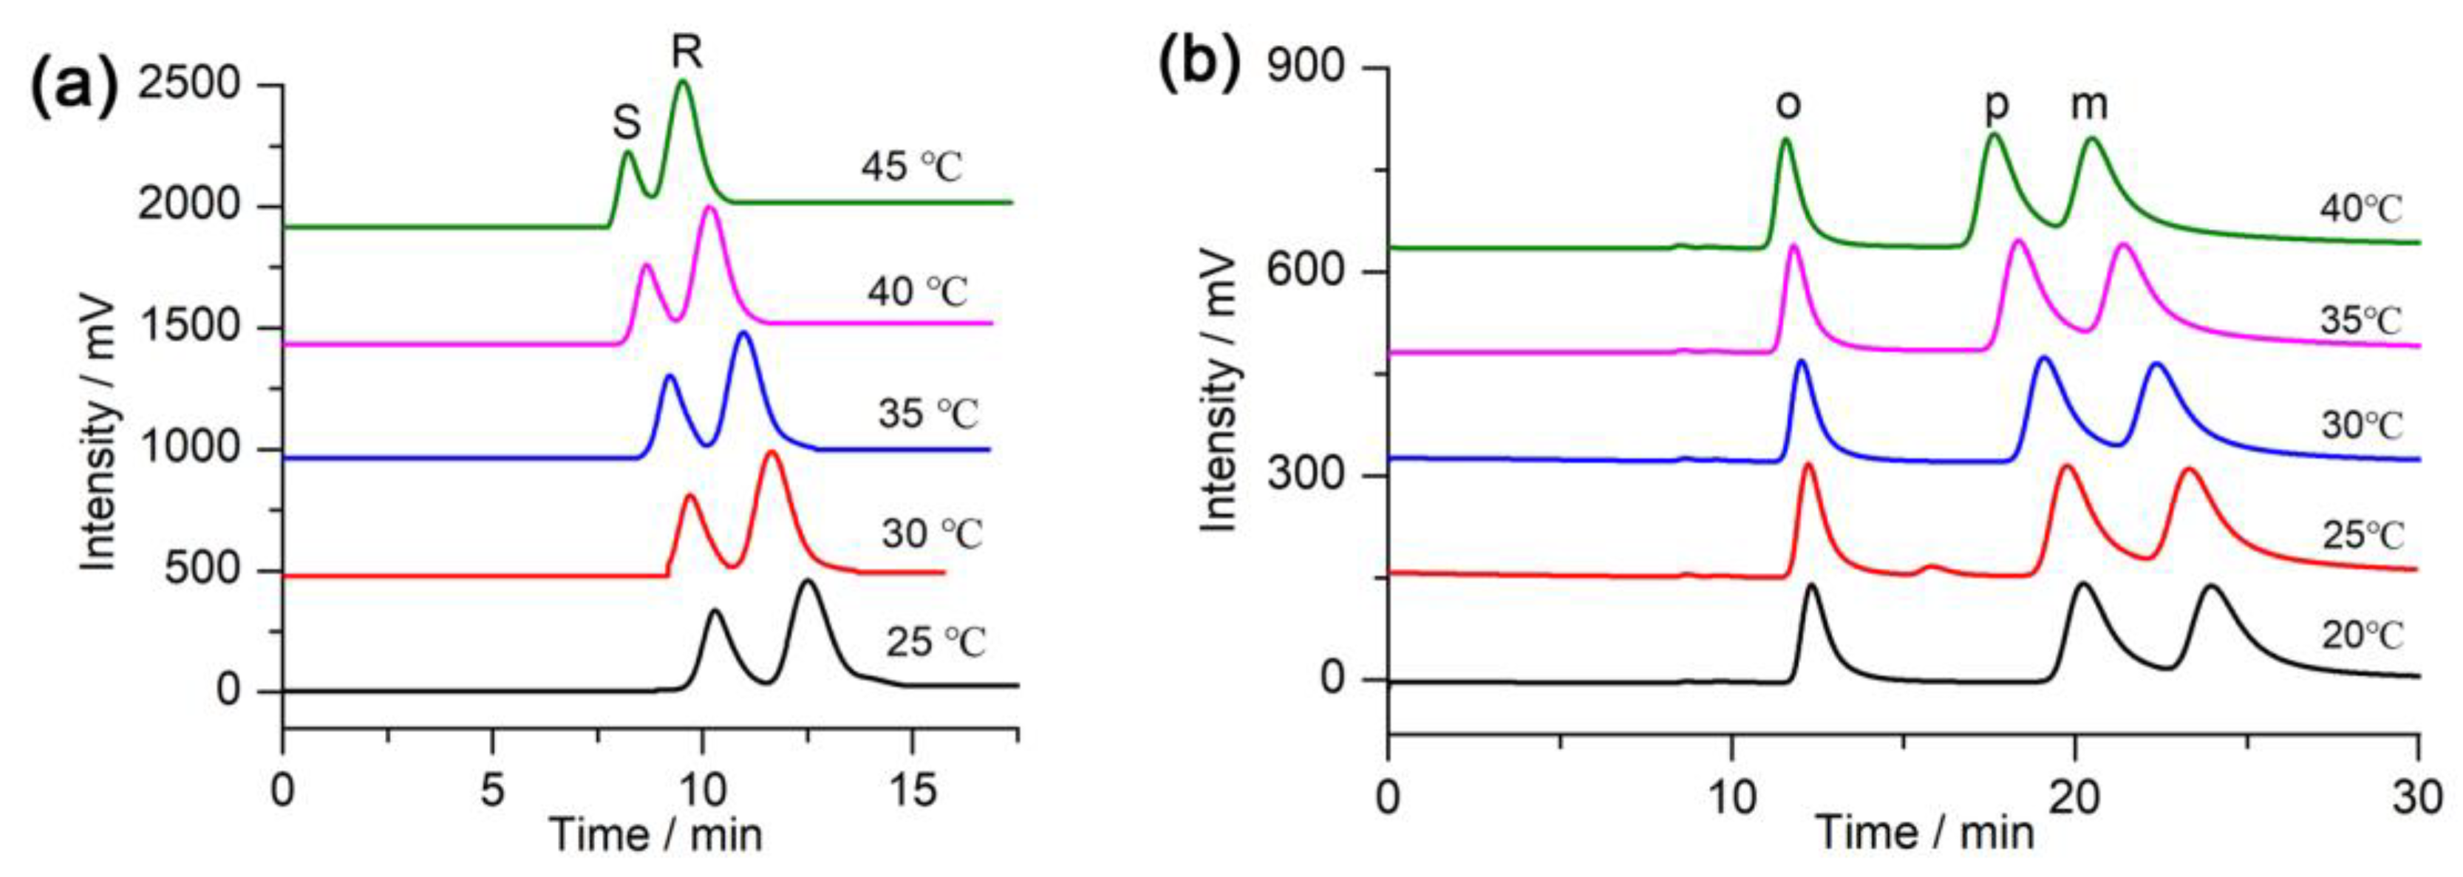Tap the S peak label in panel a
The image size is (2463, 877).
click(x=626, y=123)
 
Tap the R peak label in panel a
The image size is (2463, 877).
click(x=687, y=53)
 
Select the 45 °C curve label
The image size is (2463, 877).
click(x=911, y=168)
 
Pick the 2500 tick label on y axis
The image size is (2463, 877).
click(x=189, y=84)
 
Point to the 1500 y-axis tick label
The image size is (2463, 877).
click(x=189, y=327)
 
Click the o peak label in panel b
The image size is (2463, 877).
click(x=1788, y=105)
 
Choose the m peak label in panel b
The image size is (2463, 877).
click(x=2089, y=105)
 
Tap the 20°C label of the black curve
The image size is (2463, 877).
click(x=2362, y=635)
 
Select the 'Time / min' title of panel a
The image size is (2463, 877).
click(x=657, y=835)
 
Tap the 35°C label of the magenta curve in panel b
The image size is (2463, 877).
click(x=2361, y=321)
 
